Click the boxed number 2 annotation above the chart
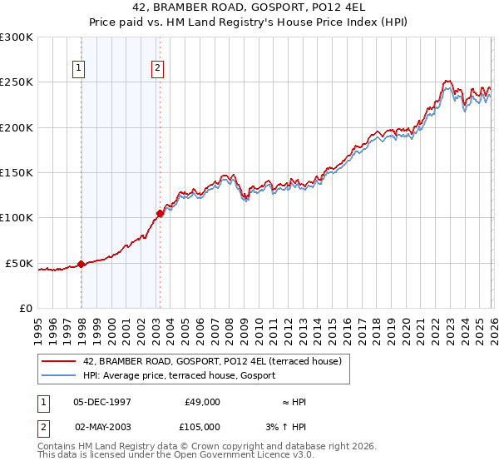point(158,69)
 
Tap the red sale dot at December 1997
point(82,264)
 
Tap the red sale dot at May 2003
point(160,213)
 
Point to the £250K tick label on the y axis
point(17,82)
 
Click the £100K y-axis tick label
point(17,218)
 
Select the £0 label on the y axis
point(25,308)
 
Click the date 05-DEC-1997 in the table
point(103,402)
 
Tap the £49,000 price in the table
point(202,402)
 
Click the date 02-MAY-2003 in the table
point(103,426)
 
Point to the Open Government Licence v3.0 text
point(241,455)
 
